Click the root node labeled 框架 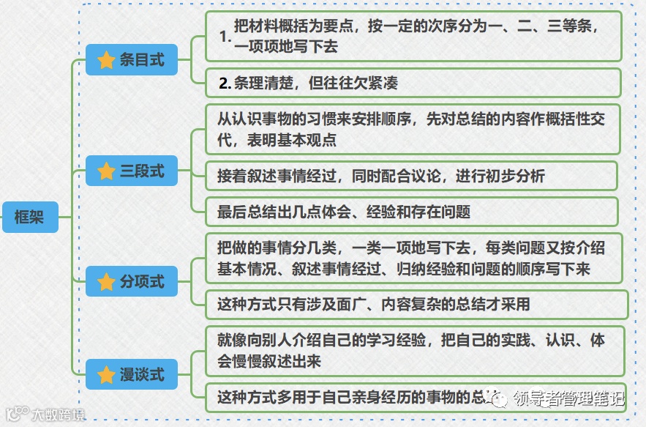29,217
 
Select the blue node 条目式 132,60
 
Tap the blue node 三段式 132,171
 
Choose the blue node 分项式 132,281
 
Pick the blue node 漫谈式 132,375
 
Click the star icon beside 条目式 107,60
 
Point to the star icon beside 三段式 107,171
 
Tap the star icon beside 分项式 107,281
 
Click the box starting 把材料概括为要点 413,36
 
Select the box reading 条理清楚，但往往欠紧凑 413,83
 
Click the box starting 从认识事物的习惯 413,129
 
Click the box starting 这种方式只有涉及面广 417,304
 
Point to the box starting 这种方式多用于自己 351,398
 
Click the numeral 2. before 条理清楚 225,83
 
